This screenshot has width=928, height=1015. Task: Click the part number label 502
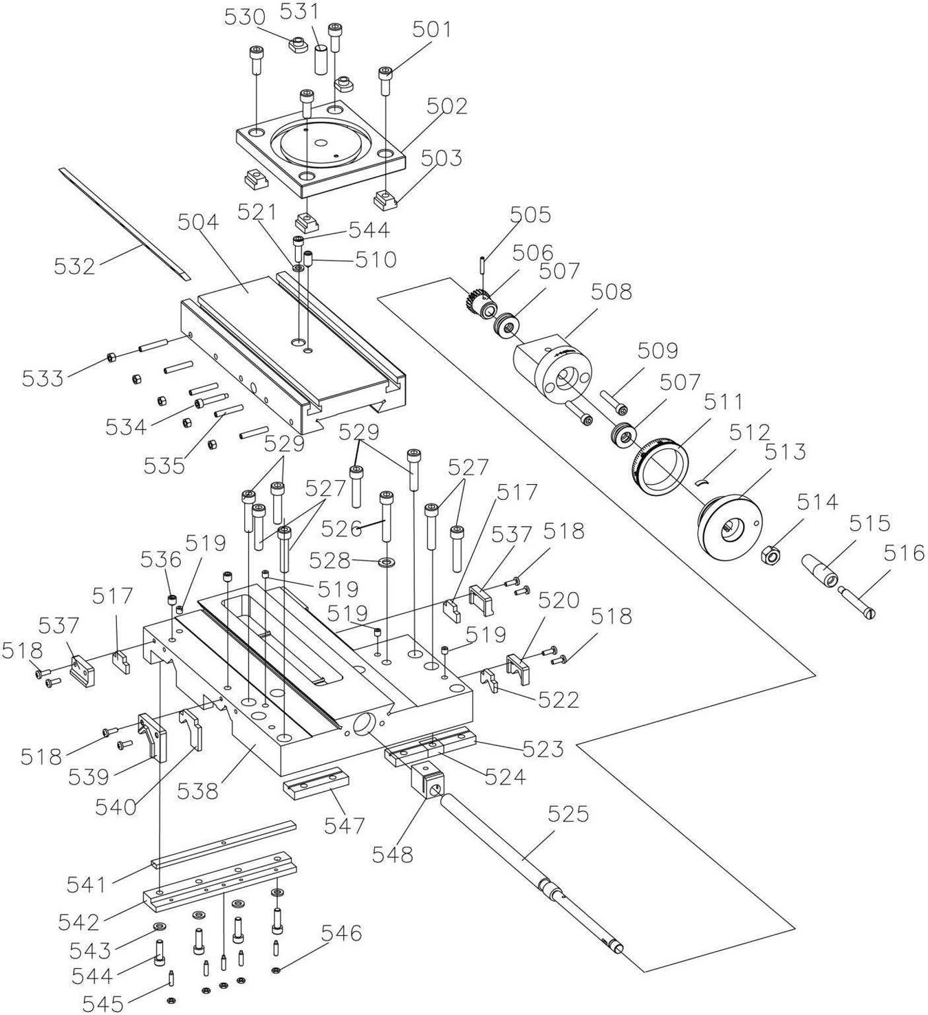[x=447, y=107]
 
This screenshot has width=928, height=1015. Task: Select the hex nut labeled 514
[x=770, y=556]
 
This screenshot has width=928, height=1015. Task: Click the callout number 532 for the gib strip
[x=75, y=266]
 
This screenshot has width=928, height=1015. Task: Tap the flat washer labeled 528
[x=388, y=561]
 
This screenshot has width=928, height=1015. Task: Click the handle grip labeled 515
[x=819, y=570]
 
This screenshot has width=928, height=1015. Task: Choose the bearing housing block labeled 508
[x=552, y=369]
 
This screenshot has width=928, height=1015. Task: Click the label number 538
[x=197, y=792]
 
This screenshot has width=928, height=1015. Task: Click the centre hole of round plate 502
[x=320, y=144]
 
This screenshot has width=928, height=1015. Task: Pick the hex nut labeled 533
[x=112, y=357]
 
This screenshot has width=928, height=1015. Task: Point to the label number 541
[x=87, y=885]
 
